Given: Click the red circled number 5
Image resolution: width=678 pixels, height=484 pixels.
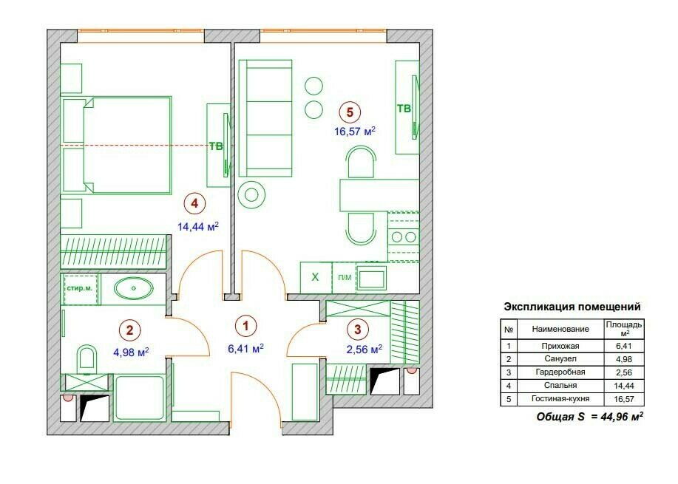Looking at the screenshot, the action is (x=350, y=112).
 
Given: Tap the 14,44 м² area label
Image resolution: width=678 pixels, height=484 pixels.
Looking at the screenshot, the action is (x=198, y=226).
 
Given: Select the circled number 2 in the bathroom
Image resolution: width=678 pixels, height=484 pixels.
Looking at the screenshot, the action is (x=129, y=330).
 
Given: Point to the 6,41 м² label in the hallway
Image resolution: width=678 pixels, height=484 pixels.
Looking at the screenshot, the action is (x=245, y=348).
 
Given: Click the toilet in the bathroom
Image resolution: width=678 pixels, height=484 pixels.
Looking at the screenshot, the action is (x=87, y=359).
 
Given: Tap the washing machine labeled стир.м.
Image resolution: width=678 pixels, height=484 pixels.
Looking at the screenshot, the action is (x=80, y=289).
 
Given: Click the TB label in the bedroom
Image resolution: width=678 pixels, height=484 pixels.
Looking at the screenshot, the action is (x=216, y=146).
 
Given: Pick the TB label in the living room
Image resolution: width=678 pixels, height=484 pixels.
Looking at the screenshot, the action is (x=404, y=108).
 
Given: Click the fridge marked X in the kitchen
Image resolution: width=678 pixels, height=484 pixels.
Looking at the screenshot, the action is (x=316, y=277).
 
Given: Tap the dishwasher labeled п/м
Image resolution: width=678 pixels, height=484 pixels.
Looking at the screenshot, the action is (x=345, y=277).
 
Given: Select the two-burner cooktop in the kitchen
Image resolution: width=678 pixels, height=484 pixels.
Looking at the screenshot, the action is (x=404, y=236).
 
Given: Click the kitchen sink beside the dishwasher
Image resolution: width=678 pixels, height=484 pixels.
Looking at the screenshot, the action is (x=371, y=277).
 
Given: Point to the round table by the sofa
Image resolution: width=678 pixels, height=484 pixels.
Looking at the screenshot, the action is (x=251, y=194).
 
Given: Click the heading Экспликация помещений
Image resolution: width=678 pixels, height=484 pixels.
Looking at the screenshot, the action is (x=572, y=307).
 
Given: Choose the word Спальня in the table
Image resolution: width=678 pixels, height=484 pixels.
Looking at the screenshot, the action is (x=560, y=385).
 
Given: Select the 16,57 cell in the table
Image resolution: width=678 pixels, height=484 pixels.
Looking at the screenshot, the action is (x=623, y=399).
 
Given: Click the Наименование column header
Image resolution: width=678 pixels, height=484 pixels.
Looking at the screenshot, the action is (x=560, y=329).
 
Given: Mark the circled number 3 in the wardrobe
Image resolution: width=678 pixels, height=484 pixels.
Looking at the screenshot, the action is (x=358, y=330).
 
